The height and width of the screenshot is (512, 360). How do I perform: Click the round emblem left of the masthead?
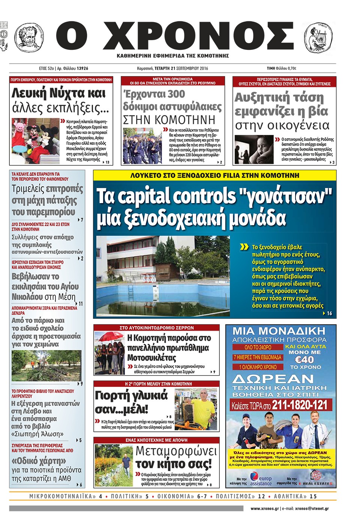tap(28, 37)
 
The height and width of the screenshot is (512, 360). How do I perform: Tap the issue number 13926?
tap(82, 69)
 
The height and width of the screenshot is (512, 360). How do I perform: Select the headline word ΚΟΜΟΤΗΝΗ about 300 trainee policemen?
tap(169, 120)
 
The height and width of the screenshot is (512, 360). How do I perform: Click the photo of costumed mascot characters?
tap(35, 141)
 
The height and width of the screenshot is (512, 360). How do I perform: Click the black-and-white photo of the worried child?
tap(254, 149)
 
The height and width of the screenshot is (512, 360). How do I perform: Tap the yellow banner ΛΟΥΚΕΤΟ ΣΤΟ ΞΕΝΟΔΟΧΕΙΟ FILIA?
tap(214, 175)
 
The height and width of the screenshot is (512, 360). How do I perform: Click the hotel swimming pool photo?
tap(163, 276)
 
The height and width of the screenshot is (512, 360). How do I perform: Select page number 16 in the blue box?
tap(329, 313)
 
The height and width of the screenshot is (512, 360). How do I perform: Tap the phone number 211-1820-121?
tap(300, 405)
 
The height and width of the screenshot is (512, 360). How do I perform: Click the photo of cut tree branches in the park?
tap(46, 366)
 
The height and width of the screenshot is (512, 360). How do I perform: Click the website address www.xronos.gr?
tap(264, 509)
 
